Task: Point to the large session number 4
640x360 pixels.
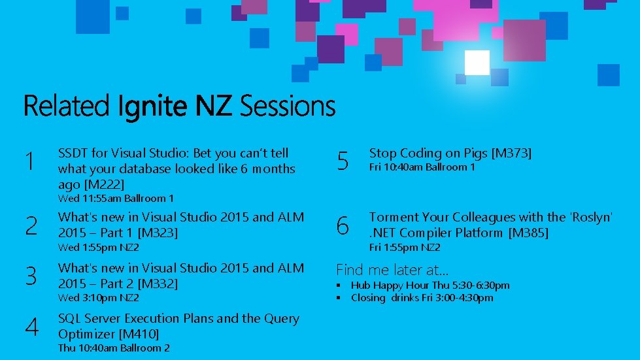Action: point(31,327)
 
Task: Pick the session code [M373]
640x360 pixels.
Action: point(511,154)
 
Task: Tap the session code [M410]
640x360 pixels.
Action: point(139,334)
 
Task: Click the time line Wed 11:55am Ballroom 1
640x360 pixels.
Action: point(116,198)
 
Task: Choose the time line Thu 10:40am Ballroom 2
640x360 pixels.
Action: point(114,348)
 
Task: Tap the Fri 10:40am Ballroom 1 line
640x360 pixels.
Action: point(422,167)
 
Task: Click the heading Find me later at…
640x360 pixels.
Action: point(392,269)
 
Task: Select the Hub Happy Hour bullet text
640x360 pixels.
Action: point(429,286)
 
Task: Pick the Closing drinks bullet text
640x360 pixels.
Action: point(422,298)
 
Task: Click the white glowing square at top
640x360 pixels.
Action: point(477,63)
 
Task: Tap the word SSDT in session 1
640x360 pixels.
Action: point(73,154)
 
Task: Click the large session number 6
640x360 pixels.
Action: point(343,226)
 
